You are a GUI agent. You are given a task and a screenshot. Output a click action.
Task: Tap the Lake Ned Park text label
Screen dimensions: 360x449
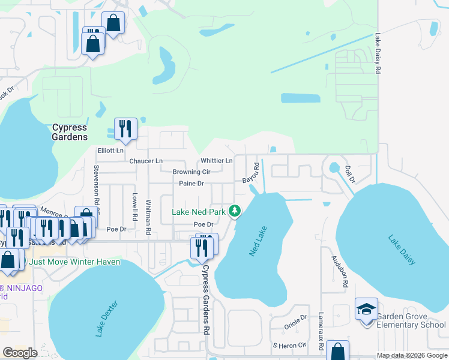click(198, 212)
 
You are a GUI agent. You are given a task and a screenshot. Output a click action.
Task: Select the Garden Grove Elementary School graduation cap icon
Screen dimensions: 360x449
click(366, 309)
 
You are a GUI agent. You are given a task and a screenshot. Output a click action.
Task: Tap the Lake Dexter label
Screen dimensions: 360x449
click(109, 318)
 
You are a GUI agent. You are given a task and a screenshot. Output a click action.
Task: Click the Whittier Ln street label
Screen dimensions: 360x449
click(217, 161)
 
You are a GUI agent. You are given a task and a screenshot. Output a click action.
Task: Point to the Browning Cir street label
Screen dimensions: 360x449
click(191, 172)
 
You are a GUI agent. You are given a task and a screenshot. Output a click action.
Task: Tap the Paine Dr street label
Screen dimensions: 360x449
click(191, 183)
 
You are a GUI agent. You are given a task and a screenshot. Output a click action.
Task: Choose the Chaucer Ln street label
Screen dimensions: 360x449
click(146, 161)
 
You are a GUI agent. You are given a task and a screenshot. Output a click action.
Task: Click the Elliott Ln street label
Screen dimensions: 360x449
click(110, 151)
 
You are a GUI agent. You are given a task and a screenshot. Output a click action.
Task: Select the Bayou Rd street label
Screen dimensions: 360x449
click(251, 173)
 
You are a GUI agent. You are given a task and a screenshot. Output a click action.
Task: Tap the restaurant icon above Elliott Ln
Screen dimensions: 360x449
click(125, 128)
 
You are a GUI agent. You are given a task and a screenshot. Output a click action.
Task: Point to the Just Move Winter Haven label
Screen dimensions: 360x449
click(74, 262)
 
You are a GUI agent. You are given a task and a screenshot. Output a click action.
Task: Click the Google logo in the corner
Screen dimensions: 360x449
click(20, 353)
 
